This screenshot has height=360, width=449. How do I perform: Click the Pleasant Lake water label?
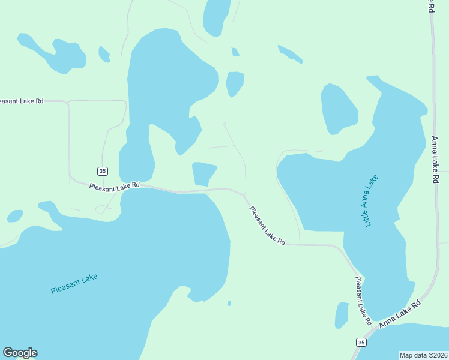[x=74, y=284]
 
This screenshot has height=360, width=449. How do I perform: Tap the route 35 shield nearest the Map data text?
[x=360, y=342]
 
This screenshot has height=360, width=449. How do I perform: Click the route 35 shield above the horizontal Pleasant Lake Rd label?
[x=103, y=171]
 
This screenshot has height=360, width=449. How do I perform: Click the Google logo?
[x=20, y=353]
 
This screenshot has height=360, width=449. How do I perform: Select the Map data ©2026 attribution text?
[x=424, y=355]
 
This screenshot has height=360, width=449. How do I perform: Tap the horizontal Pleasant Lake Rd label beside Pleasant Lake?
[x=114, y=187]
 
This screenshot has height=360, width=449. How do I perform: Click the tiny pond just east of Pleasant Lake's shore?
[x=229, y=303]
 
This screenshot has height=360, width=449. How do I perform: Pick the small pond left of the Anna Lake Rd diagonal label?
[x=341, y=314]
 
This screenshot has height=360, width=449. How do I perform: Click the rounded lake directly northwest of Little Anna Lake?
[x=339, y=109]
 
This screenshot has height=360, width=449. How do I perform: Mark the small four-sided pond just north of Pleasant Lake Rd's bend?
[x=203, y=173]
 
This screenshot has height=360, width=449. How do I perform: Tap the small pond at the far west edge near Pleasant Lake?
[x=14, y=216]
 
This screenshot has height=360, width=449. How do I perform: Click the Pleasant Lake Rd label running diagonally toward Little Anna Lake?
[x=267, y=225]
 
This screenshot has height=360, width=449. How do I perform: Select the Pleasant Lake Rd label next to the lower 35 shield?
[x=363, y=298]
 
